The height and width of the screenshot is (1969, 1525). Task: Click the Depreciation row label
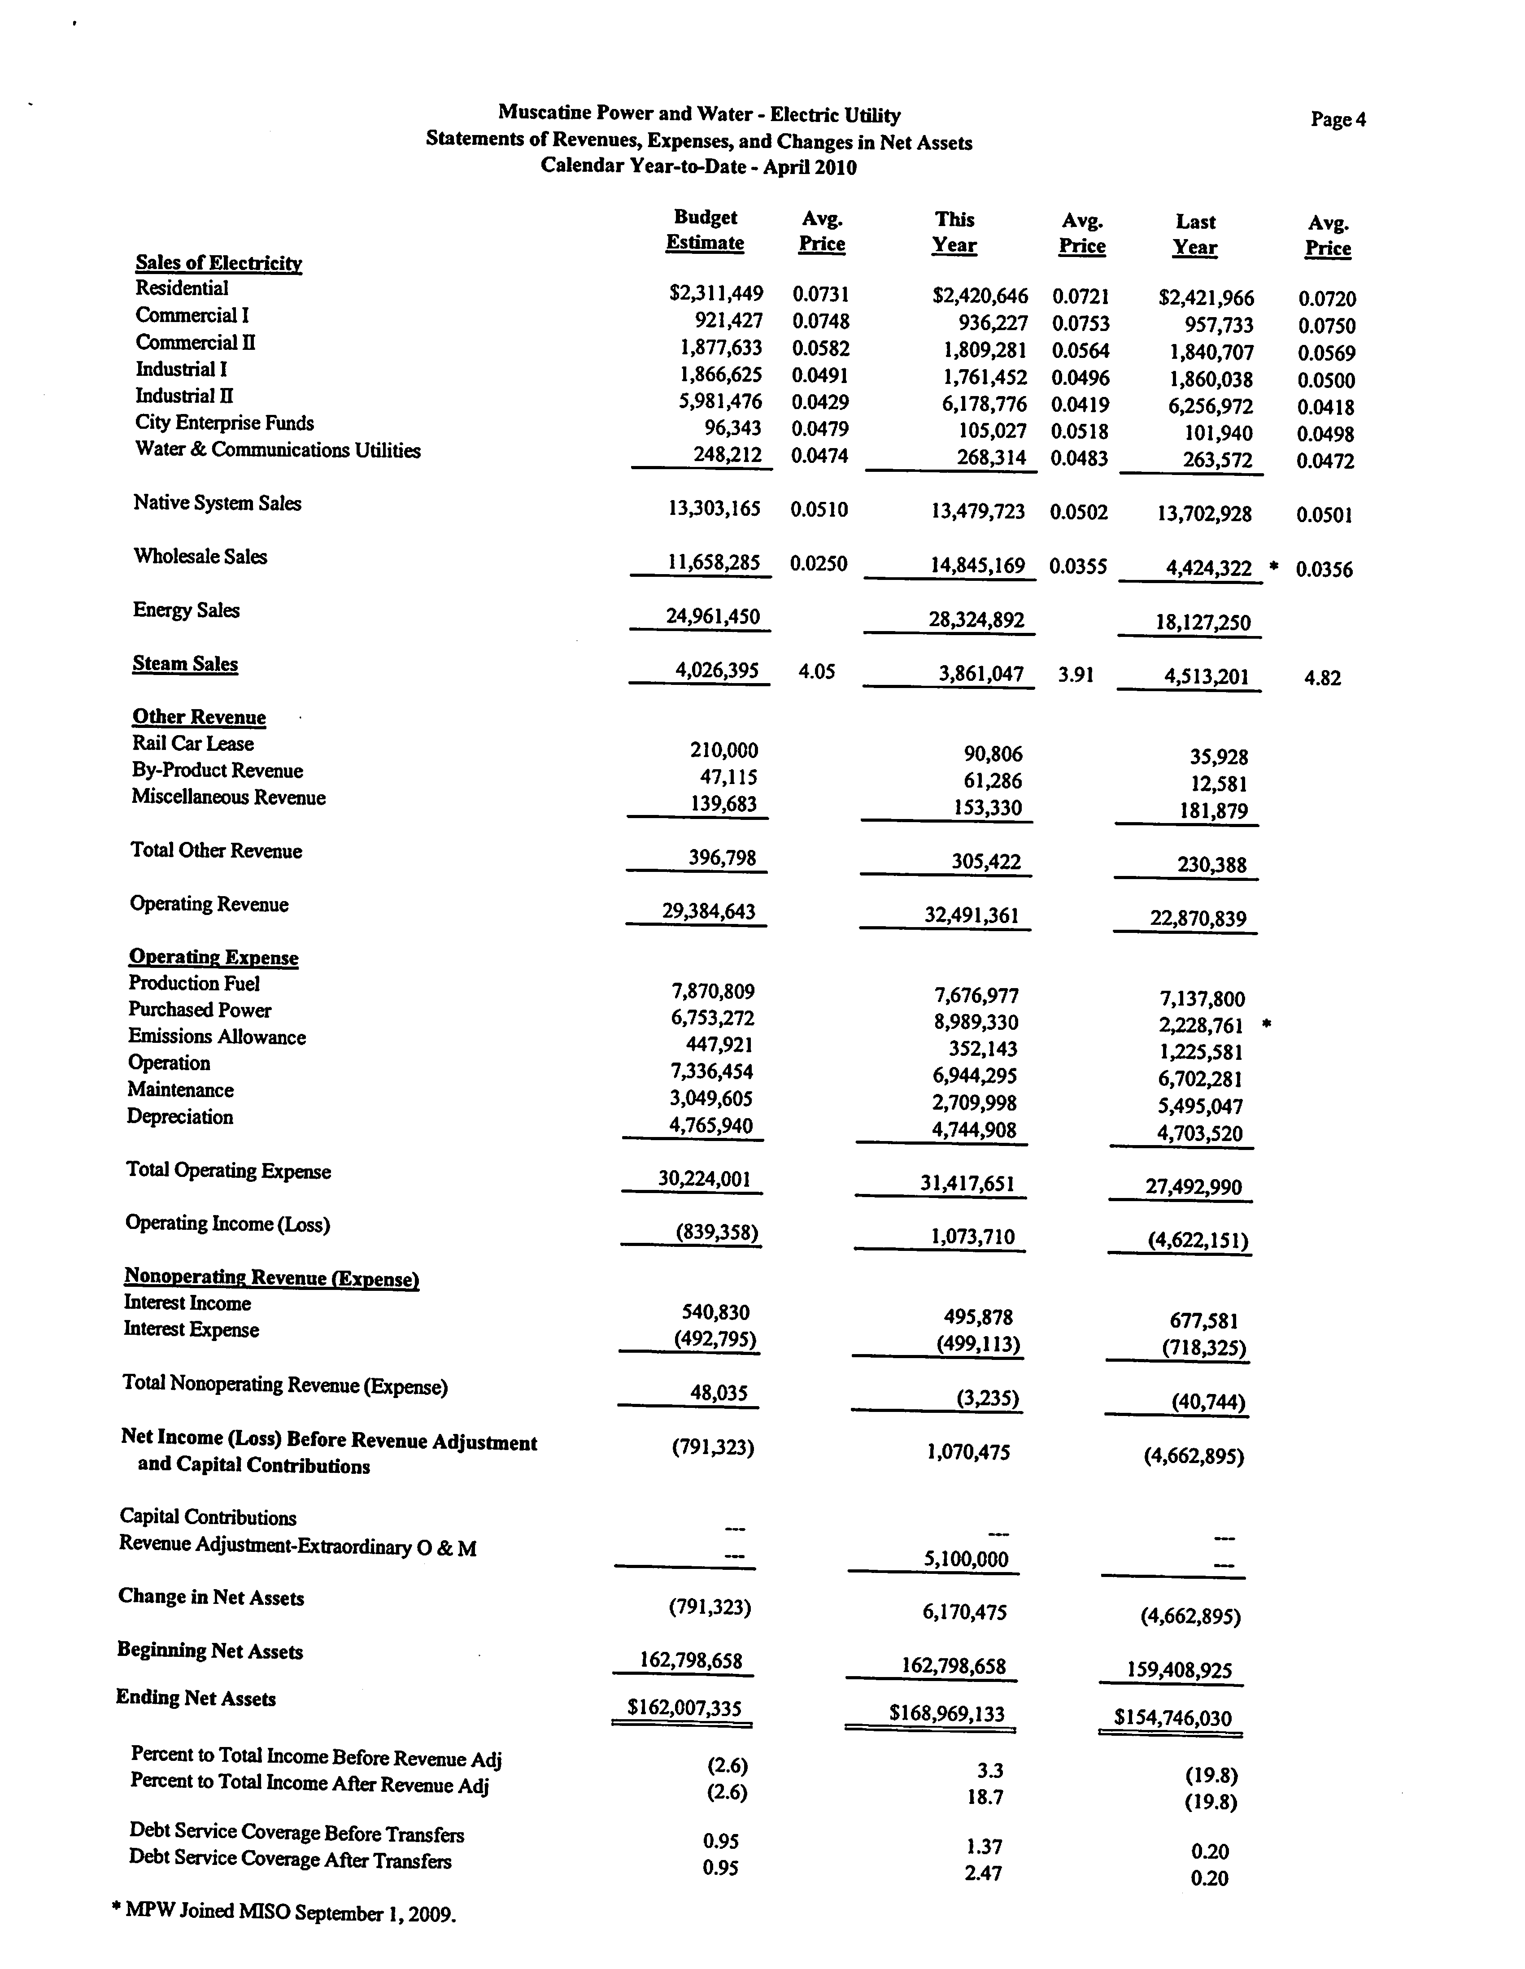tap(179, 1117)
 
